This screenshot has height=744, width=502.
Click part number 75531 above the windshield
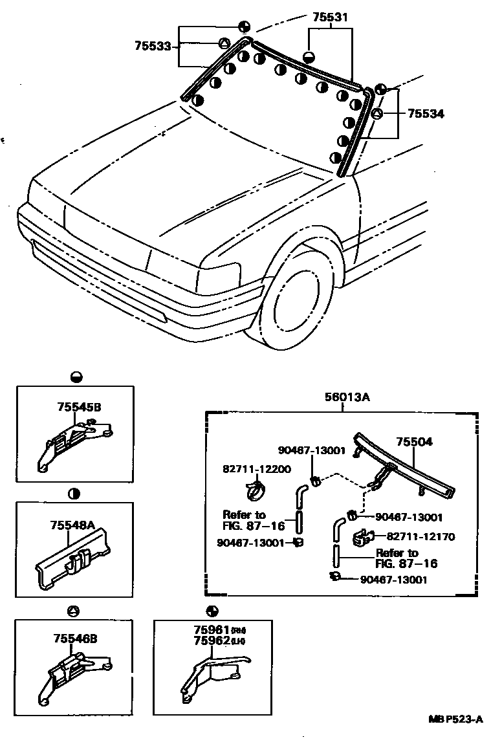[330, 18]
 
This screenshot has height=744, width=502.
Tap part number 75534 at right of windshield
[426, 113]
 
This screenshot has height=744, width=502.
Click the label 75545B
[79, 407]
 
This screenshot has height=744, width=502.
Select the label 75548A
[72, 527]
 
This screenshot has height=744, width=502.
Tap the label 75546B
[75, 639]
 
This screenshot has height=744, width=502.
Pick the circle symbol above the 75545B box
[76, 376]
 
